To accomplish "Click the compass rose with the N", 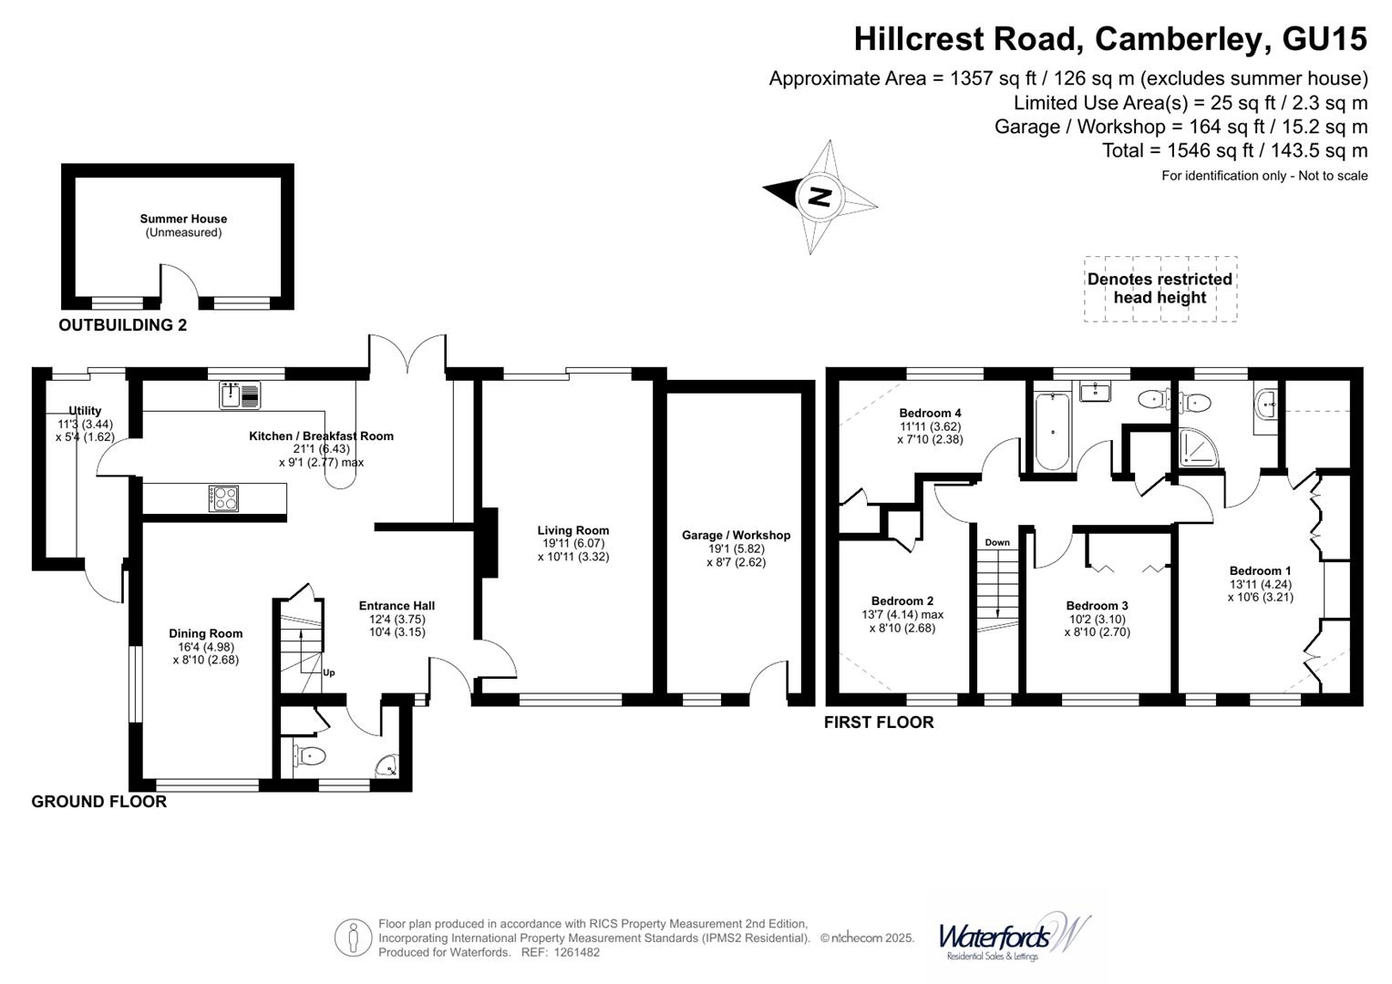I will (820, 196).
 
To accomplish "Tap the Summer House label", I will (183, 219).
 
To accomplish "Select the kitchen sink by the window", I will (240, 395).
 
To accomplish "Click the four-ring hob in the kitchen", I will (224, 498).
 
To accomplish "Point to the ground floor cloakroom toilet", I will (310, 755).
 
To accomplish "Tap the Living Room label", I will (572, 530).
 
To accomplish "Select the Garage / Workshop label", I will (736, 535).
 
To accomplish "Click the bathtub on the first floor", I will (1052, 430).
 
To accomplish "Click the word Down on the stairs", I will (997, 542).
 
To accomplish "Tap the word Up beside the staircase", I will (329, 672).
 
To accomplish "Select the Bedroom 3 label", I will (1097, 606).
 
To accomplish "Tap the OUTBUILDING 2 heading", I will (122, 325).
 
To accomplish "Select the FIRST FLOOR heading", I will (879, 723).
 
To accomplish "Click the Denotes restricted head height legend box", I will (1160, 289).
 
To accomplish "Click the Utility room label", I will (85, 411).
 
